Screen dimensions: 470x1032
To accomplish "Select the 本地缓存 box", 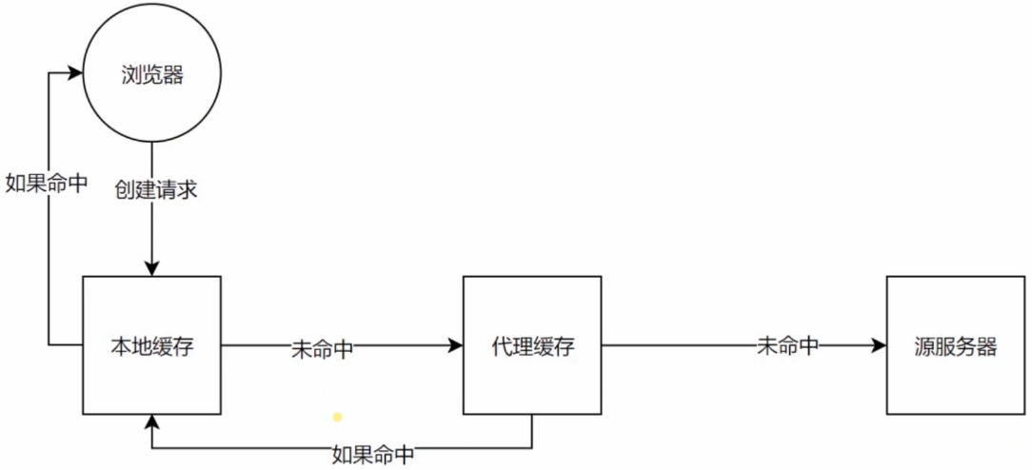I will [152, 345].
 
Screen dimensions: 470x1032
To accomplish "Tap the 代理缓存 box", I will [532, 345].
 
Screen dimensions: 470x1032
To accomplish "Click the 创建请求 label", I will [157, 189].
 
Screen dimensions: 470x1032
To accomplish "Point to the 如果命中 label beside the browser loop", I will [47, 184].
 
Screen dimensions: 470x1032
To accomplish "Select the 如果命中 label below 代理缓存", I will [373, 455].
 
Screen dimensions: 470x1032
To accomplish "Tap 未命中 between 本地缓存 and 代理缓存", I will [323, 349].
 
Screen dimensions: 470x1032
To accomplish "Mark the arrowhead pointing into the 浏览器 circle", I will [76, 71].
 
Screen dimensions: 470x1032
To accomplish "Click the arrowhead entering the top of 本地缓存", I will [152, 269].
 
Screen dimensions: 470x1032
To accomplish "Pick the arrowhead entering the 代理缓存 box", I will [456, 346].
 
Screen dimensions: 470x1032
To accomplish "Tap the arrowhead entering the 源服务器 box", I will [879, 346].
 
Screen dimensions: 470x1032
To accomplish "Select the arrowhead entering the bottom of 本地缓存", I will [152, 423].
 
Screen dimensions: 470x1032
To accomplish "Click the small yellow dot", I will [336, 417].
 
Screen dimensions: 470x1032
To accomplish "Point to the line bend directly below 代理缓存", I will [532, 448].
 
